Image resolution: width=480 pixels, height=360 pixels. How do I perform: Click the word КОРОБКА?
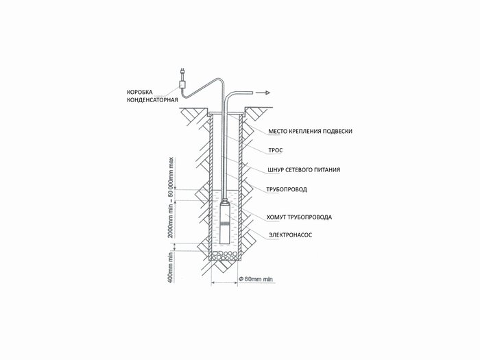(x=140, y=92)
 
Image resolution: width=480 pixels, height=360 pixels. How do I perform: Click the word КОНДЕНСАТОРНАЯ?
(x=152, y=100)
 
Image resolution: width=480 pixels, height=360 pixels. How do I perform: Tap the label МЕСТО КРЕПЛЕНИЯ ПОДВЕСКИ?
(x=311, y=132)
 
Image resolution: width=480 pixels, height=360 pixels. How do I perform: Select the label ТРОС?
(x=276, y=151)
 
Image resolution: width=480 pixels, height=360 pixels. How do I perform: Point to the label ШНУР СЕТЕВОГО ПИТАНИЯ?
(x=304, y=170)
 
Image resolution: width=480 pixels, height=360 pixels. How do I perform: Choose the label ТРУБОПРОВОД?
(x=287, y=189)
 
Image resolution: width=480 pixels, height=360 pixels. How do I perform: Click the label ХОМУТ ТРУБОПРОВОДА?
(x=299, y=217)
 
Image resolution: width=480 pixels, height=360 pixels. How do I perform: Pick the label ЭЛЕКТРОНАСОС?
(x=291, y=235)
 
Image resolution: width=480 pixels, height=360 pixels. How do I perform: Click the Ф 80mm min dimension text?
(x=256, y=279)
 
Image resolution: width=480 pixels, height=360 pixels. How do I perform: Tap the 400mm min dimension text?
(x=171, y=268)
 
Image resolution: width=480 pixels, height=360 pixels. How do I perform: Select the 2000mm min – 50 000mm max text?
(x=171, y=197)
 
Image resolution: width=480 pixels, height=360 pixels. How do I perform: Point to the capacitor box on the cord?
(x=182, y=84)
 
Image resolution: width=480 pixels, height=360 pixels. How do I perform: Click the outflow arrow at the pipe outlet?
(x=263, y=93)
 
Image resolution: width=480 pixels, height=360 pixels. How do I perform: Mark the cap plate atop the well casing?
(x=226, y=115)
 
